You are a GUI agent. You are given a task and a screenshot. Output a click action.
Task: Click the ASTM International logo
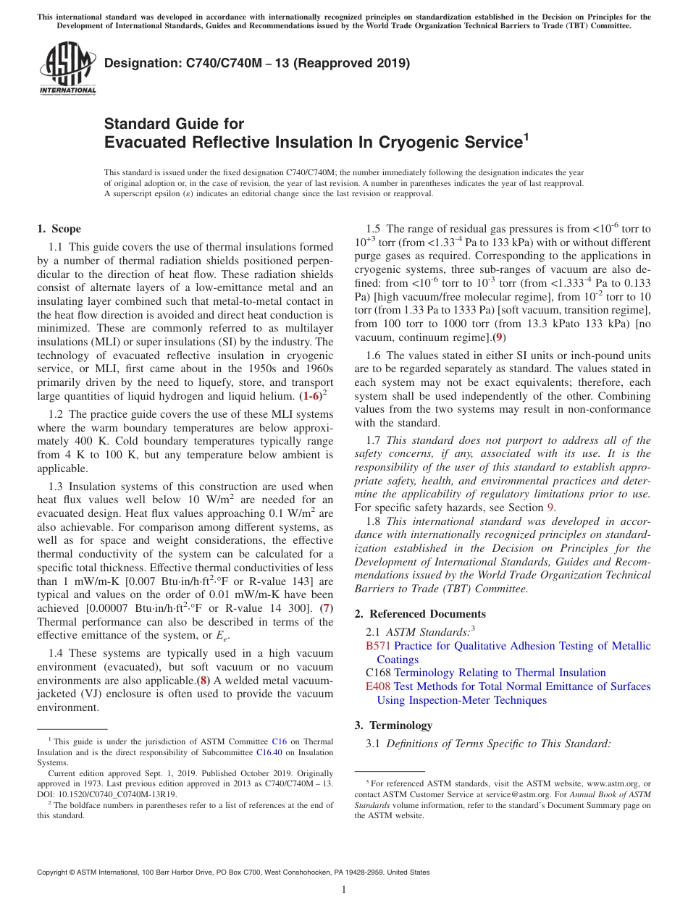67,69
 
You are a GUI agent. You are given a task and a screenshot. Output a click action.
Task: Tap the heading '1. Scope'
59,229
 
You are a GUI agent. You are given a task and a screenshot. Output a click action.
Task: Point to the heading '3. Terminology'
393,726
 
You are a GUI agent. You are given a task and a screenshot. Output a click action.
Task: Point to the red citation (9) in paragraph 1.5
499,337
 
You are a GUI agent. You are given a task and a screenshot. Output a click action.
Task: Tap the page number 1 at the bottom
343,890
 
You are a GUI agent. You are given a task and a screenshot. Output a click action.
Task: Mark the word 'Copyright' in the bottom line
54,872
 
